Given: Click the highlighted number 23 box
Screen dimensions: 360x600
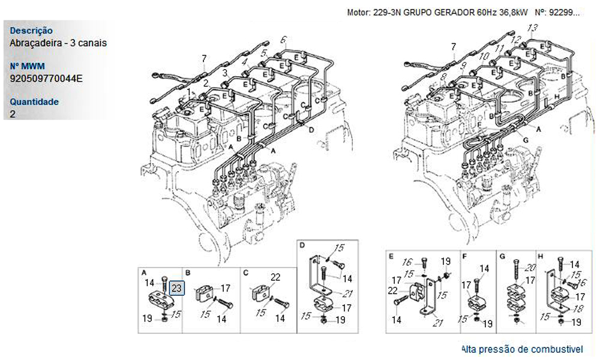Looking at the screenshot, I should tap(177, 289).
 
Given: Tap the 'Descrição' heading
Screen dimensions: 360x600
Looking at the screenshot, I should tap(31, 31).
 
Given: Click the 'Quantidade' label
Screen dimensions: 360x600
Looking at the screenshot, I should tap(34, 102).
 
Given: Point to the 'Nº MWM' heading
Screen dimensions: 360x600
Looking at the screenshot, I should tap(28, 66).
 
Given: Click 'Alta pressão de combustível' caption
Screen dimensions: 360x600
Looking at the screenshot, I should tap(522, 349).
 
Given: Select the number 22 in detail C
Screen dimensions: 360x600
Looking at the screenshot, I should tap(275, 277).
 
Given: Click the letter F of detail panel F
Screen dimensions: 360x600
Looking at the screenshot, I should tap(464, 256).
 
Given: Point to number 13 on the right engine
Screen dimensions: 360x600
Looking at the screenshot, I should tap(532, 28).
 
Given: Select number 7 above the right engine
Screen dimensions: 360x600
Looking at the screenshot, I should tap(453, 46).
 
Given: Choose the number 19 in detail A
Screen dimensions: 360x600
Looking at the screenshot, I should tap(147, 319).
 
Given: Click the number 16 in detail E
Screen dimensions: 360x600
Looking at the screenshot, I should tap(408, 262).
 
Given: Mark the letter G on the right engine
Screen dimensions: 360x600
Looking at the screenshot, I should tap(525, 140).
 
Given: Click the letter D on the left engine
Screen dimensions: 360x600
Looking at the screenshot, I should tap(311, 129).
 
